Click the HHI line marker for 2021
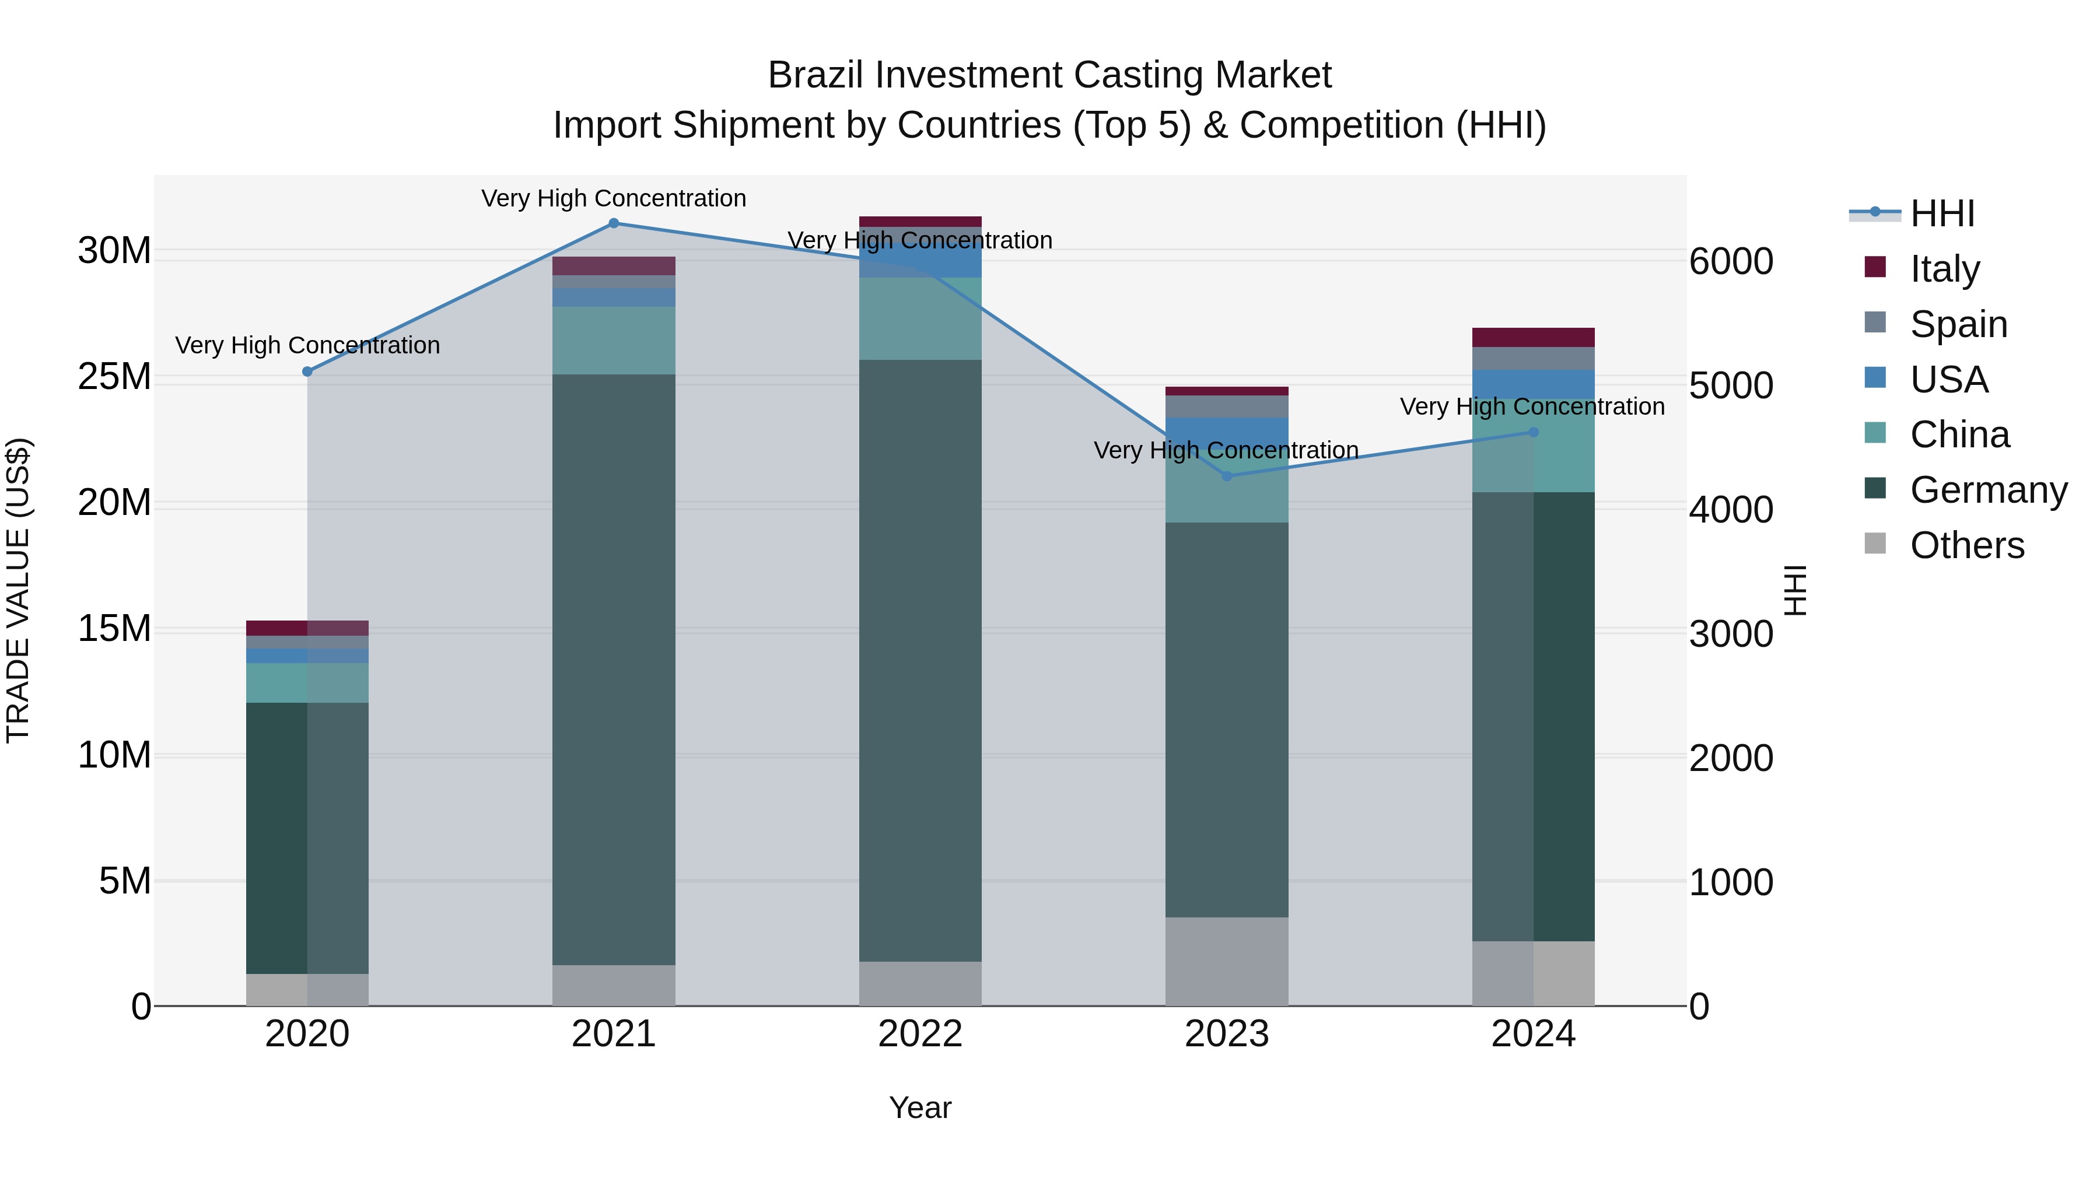point(614,223)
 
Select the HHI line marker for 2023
point(1227,476)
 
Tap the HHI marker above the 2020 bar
point(307,372)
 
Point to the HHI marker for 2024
point(1534,432)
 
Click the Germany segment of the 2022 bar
point(921,660)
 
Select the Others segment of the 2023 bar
point(1227,962)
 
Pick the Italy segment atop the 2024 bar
point(1534,338)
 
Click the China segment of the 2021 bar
point(614,341)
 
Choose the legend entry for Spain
point(1958,324)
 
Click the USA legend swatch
point(1875,378)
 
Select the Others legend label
point(1966,545)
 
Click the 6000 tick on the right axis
point(1731,262)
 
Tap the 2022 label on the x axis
point(921,1034)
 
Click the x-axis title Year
point(921,1108)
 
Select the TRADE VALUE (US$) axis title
point(18,590)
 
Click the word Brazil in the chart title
point(817,76)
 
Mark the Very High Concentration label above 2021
point(614,198)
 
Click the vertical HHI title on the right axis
point(1795,590)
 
